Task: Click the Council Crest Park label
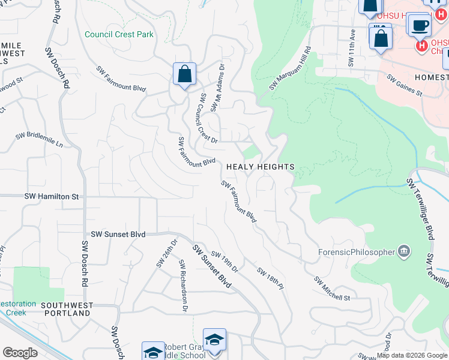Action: click(119, 34)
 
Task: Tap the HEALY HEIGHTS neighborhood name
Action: click(260, 167)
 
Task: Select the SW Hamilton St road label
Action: click(52, 196)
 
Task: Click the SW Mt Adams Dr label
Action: click(217, 88)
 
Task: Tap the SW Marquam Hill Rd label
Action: click(291, 68)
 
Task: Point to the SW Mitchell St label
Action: click(332, 289)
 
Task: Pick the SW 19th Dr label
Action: click(224, 262)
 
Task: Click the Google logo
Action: click(20, 352)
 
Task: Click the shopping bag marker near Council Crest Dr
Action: click(185, 75)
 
